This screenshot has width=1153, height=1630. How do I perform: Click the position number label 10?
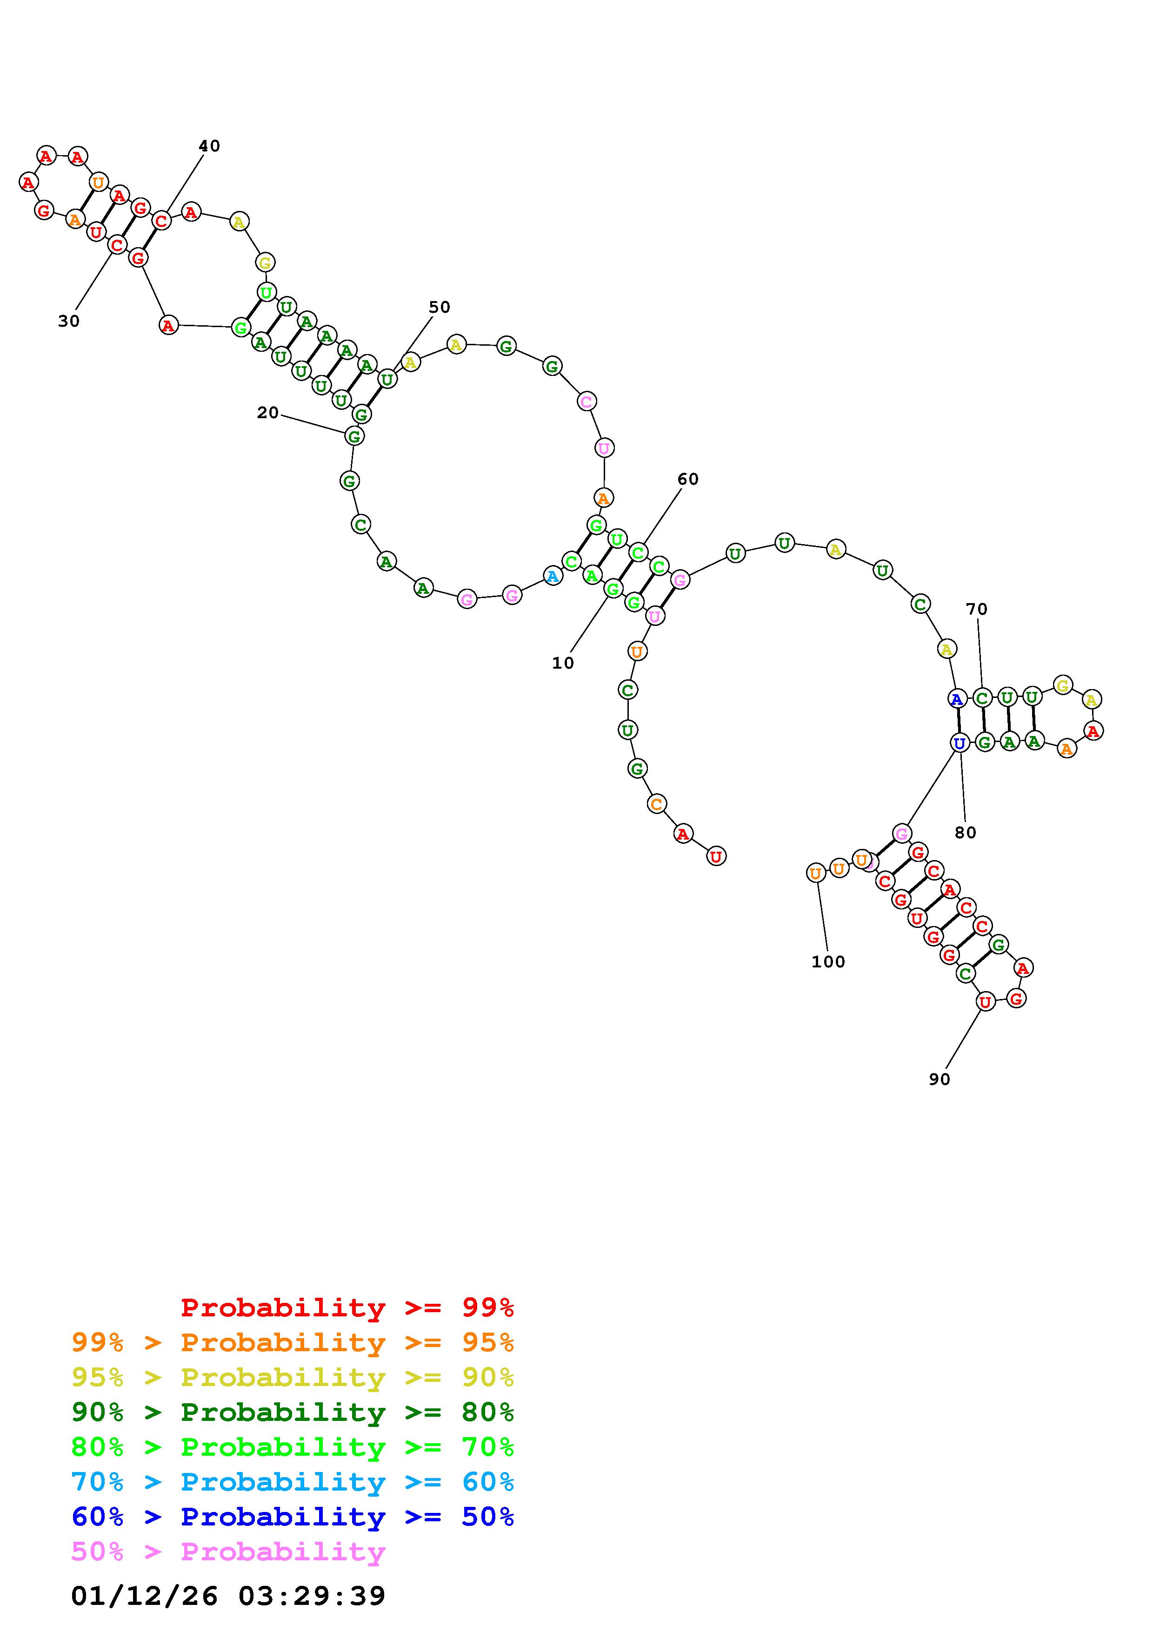563,663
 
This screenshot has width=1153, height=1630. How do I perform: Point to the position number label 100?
828,961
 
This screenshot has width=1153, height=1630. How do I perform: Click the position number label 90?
939,1078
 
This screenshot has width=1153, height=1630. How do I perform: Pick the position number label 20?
268,413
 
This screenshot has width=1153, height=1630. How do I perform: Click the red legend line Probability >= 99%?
347,1307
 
